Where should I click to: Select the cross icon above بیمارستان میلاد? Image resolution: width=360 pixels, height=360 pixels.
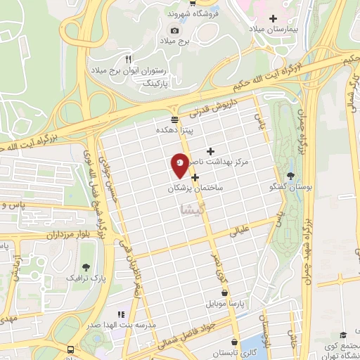(x=274, y=18)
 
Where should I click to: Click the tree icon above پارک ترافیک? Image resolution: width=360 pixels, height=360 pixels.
(x=86, y=267)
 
